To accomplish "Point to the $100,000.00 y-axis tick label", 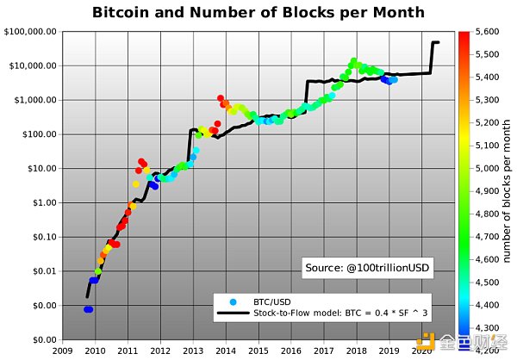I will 32,31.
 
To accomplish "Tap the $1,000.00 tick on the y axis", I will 35,100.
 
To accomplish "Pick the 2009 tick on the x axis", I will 62,351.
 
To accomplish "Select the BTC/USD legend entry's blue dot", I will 234,302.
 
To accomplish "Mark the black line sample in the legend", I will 234,313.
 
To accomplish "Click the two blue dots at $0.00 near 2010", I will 88,309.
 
